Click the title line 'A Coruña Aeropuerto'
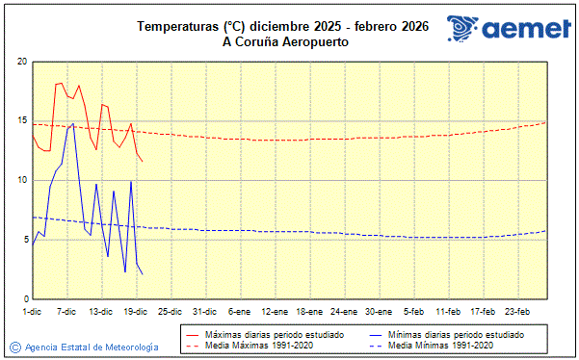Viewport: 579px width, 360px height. click(284, 41)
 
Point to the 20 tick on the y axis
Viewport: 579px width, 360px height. click(21, 62)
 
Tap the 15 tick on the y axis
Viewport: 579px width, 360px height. click(21, 121)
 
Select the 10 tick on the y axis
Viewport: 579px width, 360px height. click(21, 180)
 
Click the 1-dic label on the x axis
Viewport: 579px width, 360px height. click(32, 312)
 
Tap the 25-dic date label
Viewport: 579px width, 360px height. click(170, 312)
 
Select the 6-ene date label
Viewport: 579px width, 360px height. click(239, 312)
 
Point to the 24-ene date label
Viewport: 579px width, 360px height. click(344, 312)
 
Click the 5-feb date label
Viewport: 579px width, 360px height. click(414, 312)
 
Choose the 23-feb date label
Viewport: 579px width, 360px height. click(518, 312)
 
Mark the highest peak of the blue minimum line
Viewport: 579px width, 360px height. click(73, 123)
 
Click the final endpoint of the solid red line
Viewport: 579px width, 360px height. click(143, 160)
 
